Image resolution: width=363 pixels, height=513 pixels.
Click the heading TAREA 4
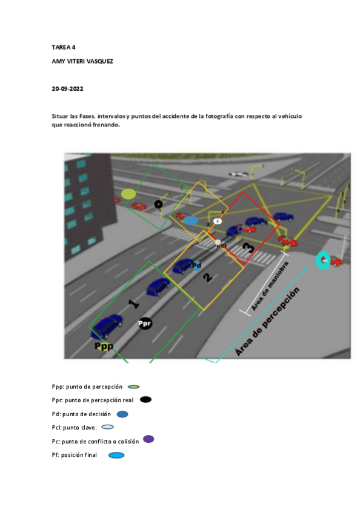tap(64, 47)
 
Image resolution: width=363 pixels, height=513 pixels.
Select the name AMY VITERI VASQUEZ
tap(82, 62)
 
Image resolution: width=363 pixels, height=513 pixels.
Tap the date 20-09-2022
tap(67, 89)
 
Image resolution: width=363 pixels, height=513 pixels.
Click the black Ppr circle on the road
tap(145, 324)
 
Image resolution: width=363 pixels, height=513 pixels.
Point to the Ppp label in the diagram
tap(104, 346)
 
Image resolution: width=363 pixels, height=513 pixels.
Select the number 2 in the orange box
tap(207, 278)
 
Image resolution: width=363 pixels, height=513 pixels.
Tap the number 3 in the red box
tap(248, 247)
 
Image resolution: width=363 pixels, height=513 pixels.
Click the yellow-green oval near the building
tap(128, 194)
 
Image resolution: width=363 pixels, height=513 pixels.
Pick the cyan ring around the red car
tap(324, 261)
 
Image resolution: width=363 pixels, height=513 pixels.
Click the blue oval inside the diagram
tap(191, 221)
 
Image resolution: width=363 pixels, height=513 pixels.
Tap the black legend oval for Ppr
tap(145, 399)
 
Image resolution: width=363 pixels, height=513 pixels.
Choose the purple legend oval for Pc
tap(148, 439)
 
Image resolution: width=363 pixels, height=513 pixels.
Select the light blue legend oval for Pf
tap(116, 455)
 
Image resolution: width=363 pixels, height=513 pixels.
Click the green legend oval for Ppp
tap(134, 386)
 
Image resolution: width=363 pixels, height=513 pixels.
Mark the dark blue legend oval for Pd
tap(122, 414)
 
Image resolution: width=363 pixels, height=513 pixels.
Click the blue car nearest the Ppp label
tap(107, 327)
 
